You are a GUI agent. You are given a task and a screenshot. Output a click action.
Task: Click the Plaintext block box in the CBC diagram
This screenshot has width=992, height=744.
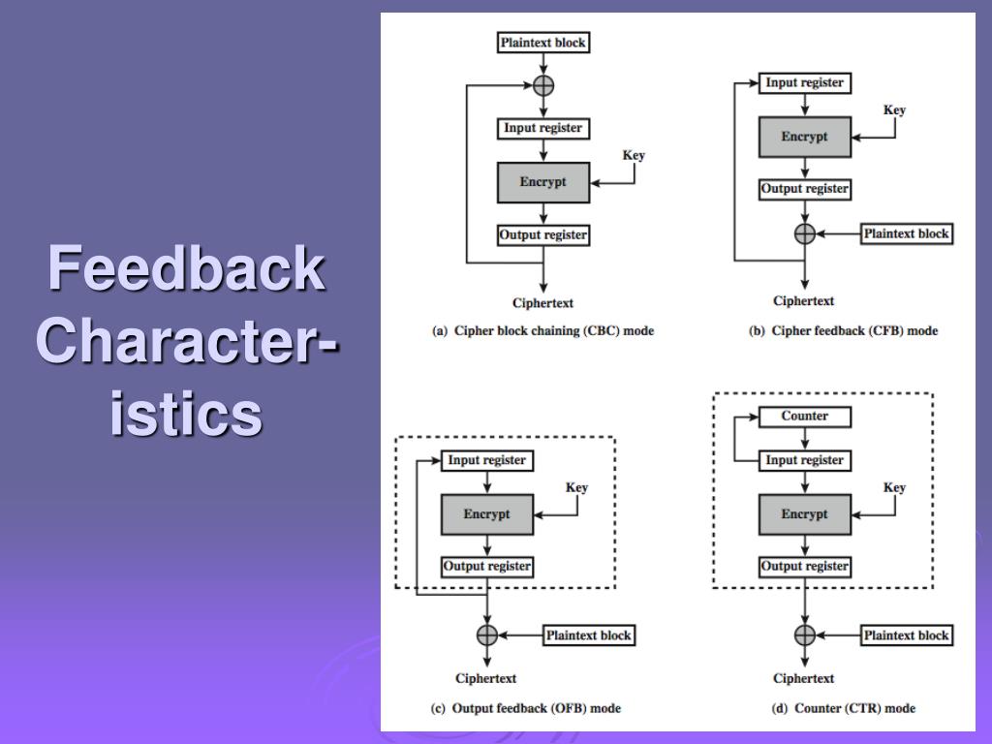543,43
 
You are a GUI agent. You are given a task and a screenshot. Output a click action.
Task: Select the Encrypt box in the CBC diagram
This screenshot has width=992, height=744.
543,182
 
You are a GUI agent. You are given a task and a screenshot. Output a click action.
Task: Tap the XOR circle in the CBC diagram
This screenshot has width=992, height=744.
544,84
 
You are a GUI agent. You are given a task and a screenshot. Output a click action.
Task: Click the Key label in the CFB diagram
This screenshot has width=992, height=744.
894,110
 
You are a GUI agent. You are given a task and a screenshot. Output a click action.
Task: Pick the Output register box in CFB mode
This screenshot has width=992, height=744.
804,189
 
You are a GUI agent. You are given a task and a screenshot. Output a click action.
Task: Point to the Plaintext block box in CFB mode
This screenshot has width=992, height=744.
907,233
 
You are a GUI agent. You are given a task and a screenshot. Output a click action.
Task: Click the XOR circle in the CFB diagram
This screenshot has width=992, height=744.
804,233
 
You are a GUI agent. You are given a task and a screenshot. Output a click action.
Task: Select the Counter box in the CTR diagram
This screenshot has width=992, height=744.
804,417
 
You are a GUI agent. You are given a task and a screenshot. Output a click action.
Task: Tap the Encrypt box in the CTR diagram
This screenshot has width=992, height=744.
804,514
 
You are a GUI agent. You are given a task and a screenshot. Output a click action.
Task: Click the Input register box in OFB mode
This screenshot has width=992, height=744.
486,461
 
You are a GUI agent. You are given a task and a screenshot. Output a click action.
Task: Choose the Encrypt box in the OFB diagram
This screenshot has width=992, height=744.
486,514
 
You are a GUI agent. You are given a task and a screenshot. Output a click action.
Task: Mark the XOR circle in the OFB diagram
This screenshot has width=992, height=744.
486,635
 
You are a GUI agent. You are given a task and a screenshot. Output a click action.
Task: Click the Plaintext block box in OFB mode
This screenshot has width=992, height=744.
588,635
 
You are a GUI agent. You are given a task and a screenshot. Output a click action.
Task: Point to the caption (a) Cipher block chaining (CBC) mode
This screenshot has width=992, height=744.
542,330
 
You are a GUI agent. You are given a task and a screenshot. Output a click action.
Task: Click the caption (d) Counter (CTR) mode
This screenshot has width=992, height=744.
843,708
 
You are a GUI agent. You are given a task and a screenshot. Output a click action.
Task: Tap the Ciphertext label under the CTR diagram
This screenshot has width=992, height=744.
804,679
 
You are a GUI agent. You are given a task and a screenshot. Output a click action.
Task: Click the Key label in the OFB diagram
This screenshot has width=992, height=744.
576,488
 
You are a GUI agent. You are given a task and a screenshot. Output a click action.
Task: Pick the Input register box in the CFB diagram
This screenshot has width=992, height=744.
804,83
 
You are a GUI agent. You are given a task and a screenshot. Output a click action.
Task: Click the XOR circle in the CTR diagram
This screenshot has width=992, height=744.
804,635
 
